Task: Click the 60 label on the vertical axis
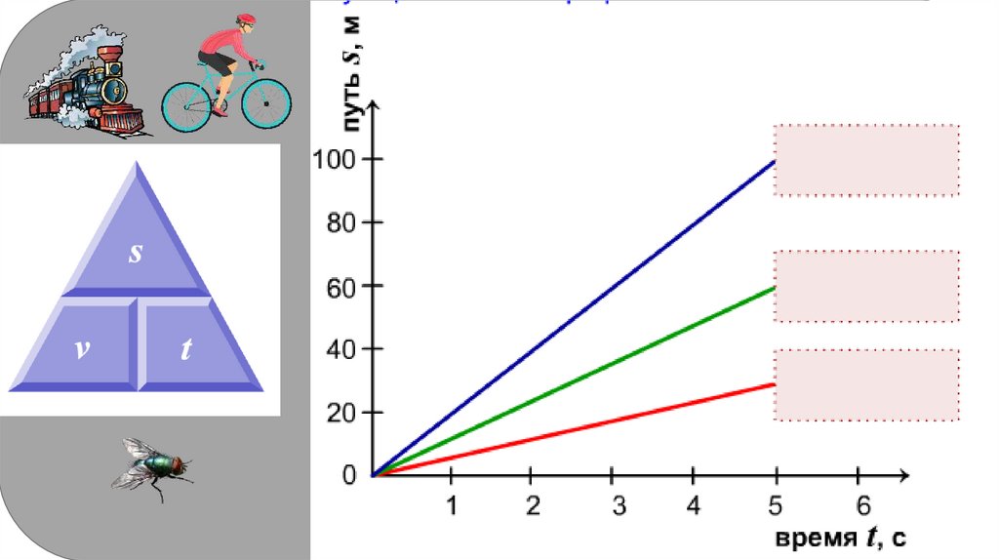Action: (x=335, y=286)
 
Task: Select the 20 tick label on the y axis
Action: (x=335, y=413)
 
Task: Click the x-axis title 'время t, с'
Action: (x=842, y=538)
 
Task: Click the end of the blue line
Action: (x=775, y=160)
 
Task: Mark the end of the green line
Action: (x=775, y=287)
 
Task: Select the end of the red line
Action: (x=775, y=383)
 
